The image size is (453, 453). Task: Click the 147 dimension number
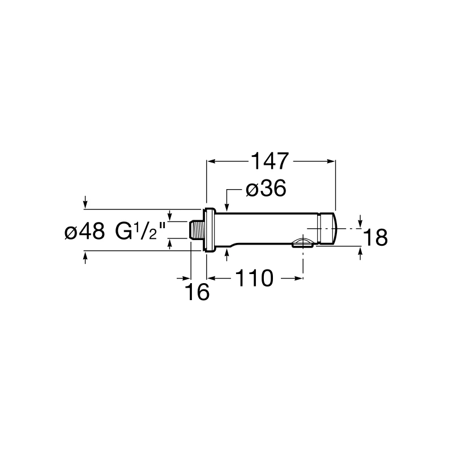tap(270, 161)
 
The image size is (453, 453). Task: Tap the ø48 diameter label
tap(84, 232)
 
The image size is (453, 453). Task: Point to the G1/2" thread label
tap(140, 232)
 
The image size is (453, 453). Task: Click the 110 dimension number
tap(254, 278)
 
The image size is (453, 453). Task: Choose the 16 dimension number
tap(198, 292)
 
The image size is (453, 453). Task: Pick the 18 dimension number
tap(375, 237)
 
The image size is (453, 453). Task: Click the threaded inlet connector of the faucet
tap(196, 230)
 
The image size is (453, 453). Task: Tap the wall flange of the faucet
tap(210, 230)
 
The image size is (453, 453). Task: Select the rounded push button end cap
tap(327, 229)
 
